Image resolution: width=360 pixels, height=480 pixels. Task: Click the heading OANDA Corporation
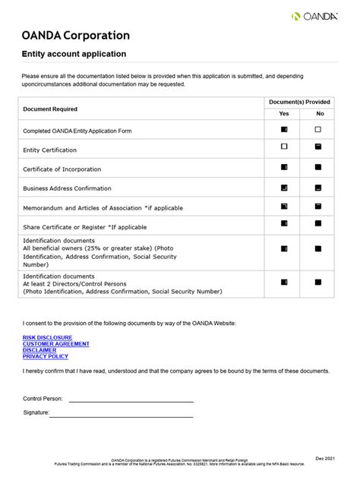tap(76, 36)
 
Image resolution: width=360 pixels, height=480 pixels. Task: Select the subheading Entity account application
tap(74, 54)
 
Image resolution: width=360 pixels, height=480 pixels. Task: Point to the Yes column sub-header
tap(284, 113)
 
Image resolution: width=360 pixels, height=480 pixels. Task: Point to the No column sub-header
tap(319, 113)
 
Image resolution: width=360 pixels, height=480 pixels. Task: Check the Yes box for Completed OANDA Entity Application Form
tap(284, 130)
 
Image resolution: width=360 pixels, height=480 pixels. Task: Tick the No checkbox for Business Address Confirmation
tap(318, 187)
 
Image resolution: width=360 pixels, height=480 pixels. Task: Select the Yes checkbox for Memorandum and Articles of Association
tap(284, 206)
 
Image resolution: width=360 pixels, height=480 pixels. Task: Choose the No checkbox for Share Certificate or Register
tap(318, 224)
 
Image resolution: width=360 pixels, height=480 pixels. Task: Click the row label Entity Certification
tap(50, 150)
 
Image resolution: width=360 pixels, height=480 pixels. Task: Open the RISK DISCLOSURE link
tap(48, 337)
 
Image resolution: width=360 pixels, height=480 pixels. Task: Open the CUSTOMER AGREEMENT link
tap(56, 344)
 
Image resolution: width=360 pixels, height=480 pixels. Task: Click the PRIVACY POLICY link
tap(46, 356)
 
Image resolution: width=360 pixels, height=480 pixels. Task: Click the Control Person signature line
tap(131, 399)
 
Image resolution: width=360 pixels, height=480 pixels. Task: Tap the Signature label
tap(36, 413)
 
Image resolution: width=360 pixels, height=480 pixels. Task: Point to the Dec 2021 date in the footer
tap(324, 459)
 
